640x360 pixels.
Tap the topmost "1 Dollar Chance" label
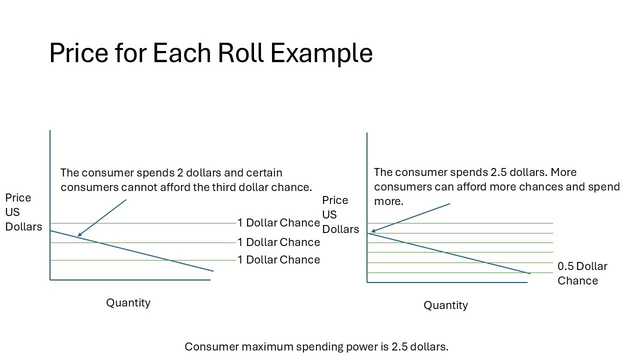(x=278, y=222)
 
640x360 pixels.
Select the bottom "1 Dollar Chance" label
(x=278, y=260)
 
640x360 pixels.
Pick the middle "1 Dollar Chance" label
(x=278, y=242)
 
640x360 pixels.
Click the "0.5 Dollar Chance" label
(x=582, y=273)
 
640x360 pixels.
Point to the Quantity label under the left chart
(x=128, y=302)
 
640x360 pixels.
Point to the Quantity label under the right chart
(x=445, y=305)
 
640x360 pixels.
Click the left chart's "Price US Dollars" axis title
(x=23, y=212)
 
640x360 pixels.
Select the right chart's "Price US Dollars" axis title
(x=340, y=214)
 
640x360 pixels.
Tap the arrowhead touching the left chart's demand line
(x=78, y=235)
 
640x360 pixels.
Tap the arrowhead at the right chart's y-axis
(x=371, y=231)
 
